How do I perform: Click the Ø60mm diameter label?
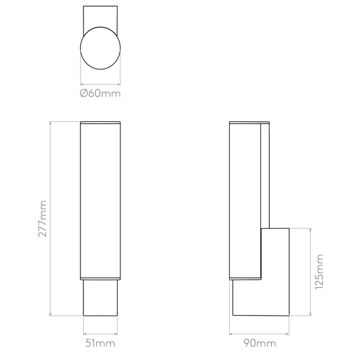100,94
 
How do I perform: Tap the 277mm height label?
43,218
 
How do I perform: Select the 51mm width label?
100,343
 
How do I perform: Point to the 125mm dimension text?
319,272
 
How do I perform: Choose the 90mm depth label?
259,343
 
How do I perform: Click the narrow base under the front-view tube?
100,298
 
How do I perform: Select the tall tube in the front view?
100,200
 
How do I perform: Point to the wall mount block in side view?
275,272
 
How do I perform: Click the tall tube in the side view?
245,200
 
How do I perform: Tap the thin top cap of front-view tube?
100,122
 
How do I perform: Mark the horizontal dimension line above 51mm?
100,334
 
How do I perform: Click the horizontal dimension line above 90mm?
259,334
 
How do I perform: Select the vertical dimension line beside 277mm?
50,218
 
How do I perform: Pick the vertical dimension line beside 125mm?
311,272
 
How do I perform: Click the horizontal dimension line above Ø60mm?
100,84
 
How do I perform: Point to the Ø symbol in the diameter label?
83,94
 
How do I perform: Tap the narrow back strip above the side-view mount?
265,176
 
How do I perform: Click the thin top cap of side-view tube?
250,122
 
